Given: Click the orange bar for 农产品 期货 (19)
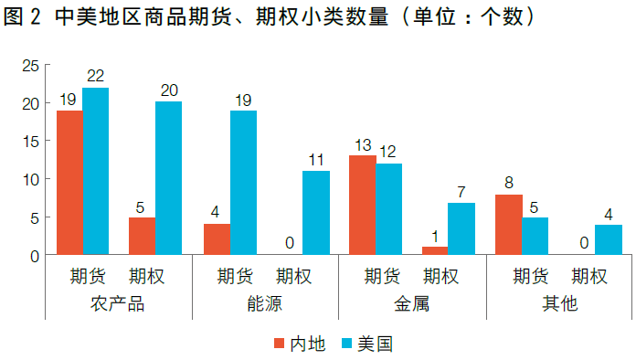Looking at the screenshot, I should [x=69, y=183].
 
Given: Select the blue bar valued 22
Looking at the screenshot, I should [x=96, y=172].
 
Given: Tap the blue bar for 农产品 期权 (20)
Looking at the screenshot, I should [x=168, y=178].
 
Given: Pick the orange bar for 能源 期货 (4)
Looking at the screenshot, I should [x=217, y=239].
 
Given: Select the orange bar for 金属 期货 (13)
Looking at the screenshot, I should [x=363, y=206].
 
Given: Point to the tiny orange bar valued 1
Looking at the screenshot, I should [x=435, y=250].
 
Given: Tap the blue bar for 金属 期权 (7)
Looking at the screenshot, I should [x=461, y=228].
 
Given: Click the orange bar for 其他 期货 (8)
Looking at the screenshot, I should [x=509, y=225].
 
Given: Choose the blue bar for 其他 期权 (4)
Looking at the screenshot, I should [x=609, y=239].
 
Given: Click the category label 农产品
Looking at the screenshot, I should [x=119, y=304].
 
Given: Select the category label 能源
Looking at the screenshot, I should [x=265, y=304].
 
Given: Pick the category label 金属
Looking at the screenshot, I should [x=412, y=304].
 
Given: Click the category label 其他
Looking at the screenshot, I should [x=559, y=304].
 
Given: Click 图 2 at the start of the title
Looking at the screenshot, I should [x=22, y=17].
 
